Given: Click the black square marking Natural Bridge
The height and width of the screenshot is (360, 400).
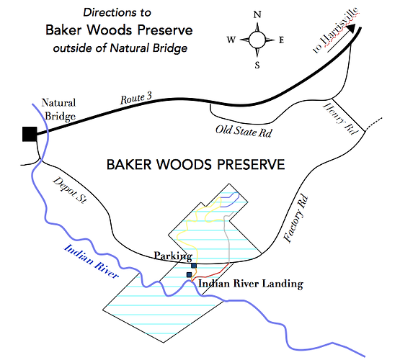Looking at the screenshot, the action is click(x=30, y=134).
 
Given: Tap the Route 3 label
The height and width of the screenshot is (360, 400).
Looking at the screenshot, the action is click(x=136, y=98).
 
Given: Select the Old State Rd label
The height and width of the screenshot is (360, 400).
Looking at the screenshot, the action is click(x=244, y=131).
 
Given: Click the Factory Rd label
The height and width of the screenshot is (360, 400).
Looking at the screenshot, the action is click(x=296, y=219).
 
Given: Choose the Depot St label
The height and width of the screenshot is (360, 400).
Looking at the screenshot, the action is click(x=70, y=190).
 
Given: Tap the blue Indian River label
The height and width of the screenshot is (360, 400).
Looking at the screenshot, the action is click(x=91, y=261).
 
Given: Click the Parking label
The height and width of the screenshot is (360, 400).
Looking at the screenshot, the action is click(x=173, y=256).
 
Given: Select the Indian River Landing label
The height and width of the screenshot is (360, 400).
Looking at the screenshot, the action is click(x=251, y=284).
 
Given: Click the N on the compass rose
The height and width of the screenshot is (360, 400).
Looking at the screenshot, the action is click(x=257, y=14).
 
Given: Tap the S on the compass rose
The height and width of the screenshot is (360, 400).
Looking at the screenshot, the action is click(x=257, y=66).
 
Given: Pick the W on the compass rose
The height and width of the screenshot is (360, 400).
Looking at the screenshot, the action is click(x=231, y=40).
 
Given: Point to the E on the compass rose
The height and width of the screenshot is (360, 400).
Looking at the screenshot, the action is click(x=281, y=40).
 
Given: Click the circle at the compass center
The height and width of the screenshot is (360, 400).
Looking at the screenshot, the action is click(x=257, y=40).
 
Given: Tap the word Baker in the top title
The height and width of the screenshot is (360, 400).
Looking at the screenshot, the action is click(x=63, y=30).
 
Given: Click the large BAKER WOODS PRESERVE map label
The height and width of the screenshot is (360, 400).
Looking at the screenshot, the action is click(x=195, y=165).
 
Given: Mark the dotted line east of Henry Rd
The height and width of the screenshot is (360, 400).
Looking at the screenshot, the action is click(x=373, y=124).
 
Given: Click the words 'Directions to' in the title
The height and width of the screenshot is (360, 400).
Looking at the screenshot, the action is click(x=117, y=12).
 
